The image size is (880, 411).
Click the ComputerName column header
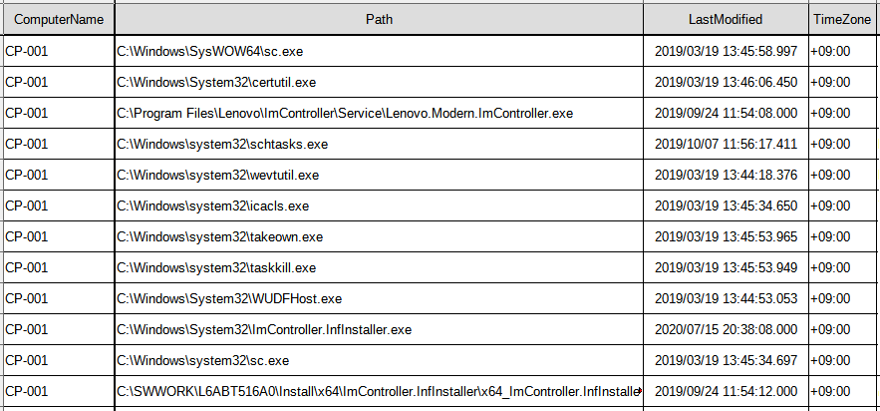(59, 20)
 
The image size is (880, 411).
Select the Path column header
(380, 20)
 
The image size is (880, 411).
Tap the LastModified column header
(726, 20)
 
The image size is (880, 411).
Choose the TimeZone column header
(843, 20)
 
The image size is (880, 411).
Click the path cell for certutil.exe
(216, 83)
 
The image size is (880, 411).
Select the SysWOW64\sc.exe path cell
(210, 52)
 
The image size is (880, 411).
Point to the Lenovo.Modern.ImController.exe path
(345, 114)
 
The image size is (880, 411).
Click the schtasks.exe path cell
(222, 145)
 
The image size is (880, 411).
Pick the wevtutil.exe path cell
(217, 176)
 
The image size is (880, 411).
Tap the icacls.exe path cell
(213, 206)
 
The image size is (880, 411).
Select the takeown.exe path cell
(220, 237)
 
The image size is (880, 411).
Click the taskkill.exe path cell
(216, 267)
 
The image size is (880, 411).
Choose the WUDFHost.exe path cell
(229, 298)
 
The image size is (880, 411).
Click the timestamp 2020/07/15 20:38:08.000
(727, 329)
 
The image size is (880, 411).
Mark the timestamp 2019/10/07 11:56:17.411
(727, 145)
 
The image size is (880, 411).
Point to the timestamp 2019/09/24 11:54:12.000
(727, 391)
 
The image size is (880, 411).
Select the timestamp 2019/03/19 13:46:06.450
(727, 83)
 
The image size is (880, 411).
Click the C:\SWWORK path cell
(380, 391)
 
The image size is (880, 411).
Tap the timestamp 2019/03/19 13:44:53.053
(727, 298)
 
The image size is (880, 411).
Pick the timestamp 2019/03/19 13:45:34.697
(727, 360)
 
